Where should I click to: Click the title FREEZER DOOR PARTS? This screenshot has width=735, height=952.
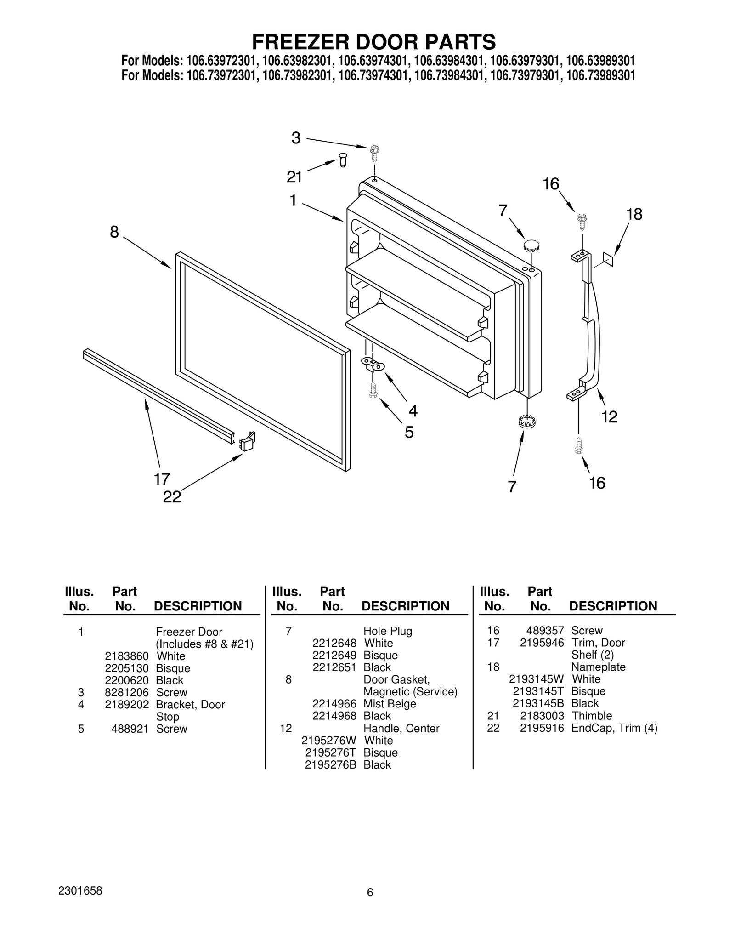coord(373,42)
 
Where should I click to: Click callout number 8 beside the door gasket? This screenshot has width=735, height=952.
coord(114,232)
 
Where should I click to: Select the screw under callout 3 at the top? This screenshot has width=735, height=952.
coord(374,153)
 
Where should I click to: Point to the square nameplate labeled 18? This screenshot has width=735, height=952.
coord(608,259)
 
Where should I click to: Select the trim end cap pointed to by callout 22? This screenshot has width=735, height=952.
coord(248,441)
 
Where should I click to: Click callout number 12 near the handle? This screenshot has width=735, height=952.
coord(609,417)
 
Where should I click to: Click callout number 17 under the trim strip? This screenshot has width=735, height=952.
coord(162,479)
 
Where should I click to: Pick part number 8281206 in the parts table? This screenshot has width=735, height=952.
coord(127,692)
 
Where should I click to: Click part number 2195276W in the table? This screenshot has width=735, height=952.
coord(328,741)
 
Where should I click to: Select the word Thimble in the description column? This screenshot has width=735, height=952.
coord(592,716)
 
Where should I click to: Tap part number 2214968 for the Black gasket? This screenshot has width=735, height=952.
coord(334,716)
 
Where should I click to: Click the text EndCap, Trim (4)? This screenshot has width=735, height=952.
coord(614,728)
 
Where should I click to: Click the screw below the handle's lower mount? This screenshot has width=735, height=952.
coord(579,445)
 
